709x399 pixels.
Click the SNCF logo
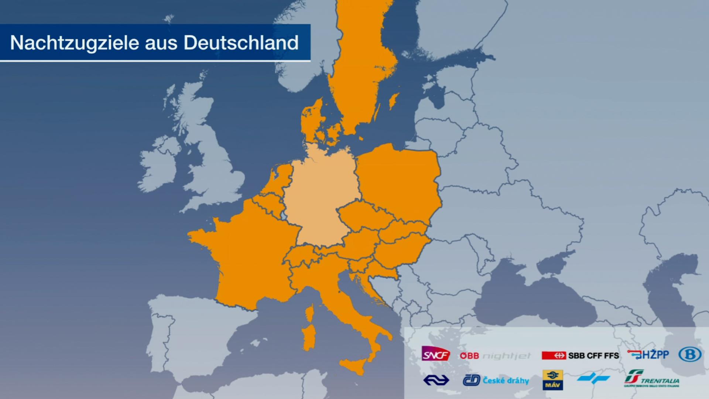[436, 354]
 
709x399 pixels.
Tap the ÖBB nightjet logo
[495, 356]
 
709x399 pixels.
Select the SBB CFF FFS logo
[580, 355]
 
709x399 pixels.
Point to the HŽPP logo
[648, 355]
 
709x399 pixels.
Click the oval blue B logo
[690, 354]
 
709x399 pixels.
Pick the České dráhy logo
[496, 380]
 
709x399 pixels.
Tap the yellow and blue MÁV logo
[552, 380]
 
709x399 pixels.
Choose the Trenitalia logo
[652, 379]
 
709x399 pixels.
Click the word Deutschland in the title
[241, 43]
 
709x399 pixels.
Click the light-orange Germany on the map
[321, 196]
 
